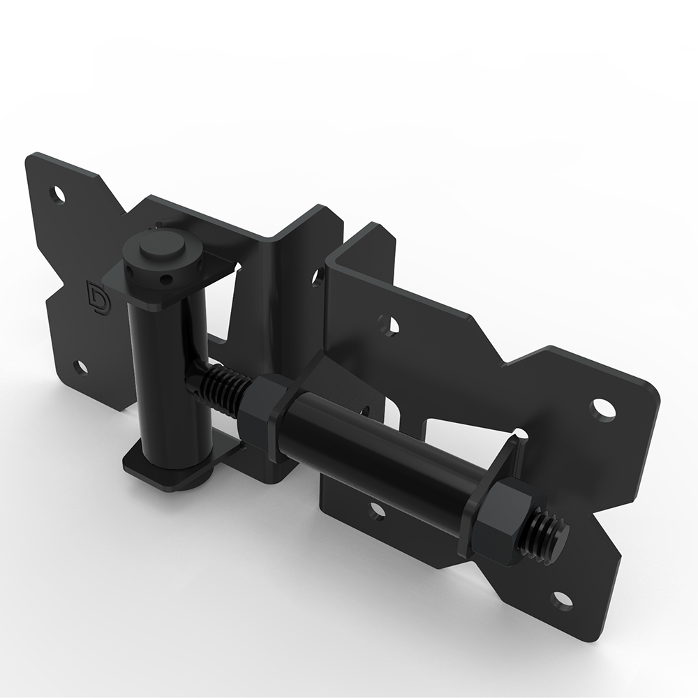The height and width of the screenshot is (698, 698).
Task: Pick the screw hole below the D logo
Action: [x=81, y=366]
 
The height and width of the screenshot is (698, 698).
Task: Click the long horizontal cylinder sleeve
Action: [x=377, y=454]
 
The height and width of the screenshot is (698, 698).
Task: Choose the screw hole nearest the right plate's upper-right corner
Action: [x=603, y=409]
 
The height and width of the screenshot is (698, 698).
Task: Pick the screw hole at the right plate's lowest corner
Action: [x=562, y=600]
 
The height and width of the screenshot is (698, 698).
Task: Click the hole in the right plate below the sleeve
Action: [x=376, y=512]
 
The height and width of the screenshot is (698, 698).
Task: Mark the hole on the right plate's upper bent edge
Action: [x=389, y=325]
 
